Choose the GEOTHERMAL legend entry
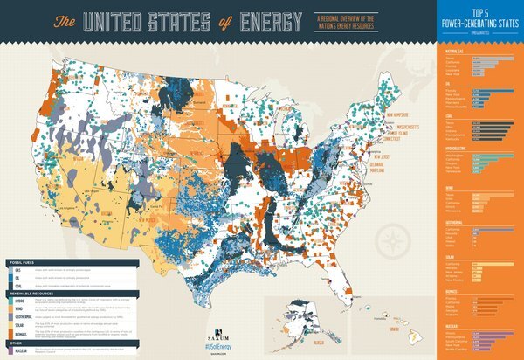click(x=20, y=316)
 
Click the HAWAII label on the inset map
click(x=394, y=330)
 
